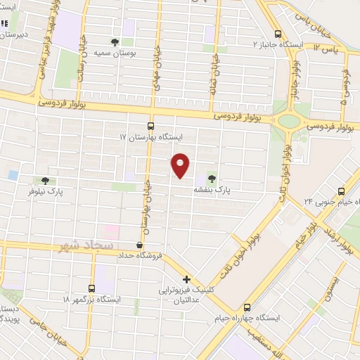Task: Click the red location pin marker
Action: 181,164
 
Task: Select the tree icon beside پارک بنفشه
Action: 212,178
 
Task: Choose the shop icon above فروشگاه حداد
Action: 139,243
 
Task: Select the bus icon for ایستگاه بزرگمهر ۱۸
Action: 91,288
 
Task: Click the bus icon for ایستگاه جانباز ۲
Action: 278,33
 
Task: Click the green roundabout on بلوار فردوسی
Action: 288,121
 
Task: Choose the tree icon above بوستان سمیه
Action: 116,41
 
